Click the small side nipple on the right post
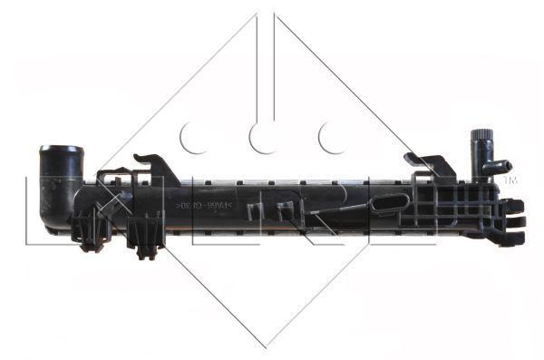(x=500, y=167)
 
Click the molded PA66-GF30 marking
(x=201, y=207)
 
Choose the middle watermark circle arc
(x=264, y=138)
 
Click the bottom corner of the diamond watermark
(x=266, y=345)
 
